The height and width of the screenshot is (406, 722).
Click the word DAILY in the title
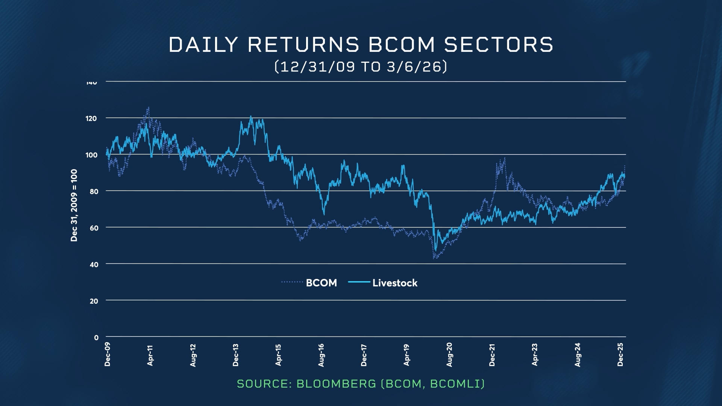pyautogui.click(x=203, y=45)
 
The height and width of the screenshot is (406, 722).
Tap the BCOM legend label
pyautogui.click(x=321, y=283)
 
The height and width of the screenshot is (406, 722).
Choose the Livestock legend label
pyautogui.click(x=394, y=283)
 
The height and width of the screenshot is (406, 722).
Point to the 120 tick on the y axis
pyautogui.click(x=91, y=118)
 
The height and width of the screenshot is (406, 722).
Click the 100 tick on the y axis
pyautogui.click(x=91, y=155)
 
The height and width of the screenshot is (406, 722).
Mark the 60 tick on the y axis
pyautogui.click(x=94, y=228)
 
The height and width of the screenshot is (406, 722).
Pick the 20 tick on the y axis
pyautogui.click(x=94, y=301)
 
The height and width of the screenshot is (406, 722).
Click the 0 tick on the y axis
pyautogui.click(x=96, y=338)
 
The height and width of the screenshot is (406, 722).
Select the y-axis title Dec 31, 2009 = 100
pyautogui.click(x=74, y=205)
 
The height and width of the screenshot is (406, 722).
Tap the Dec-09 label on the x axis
pyautogui.click(x=108, y=354)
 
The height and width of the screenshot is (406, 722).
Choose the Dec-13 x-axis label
pyautogui.click(x=236, y=355)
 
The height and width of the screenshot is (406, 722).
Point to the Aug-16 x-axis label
pyautogui.click(x=321, y=355)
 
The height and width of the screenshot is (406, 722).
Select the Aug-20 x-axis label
pyautogui.click(x=449, y=355)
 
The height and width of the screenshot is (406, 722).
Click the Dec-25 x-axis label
pyautogui.click(x=620, y=354)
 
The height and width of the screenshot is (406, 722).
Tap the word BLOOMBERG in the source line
pyautogui.click(x=336, y=384)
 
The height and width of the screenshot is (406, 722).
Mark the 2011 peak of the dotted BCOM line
pyautogui.click(x=149, y=108)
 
